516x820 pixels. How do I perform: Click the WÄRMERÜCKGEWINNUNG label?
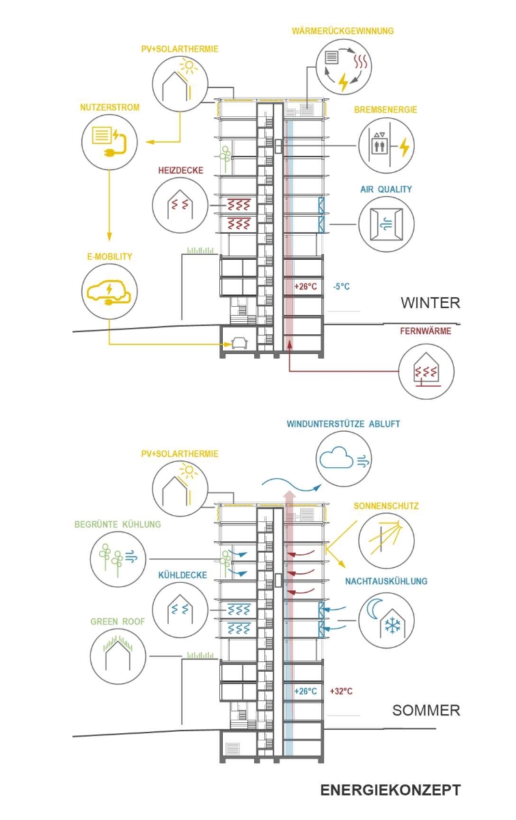click(342, 31)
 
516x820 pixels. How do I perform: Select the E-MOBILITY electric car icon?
click(109, 292)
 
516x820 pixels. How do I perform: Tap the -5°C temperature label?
click(342, 287)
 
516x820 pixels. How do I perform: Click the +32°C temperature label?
click(341, 691)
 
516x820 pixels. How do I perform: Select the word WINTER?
click(430, 303)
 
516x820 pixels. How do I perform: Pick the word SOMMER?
click(426, 711)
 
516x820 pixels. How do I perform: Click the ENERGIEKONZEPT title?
click(390, 791)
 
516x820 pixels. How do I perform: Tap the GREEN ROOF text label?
click(113, 622)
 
